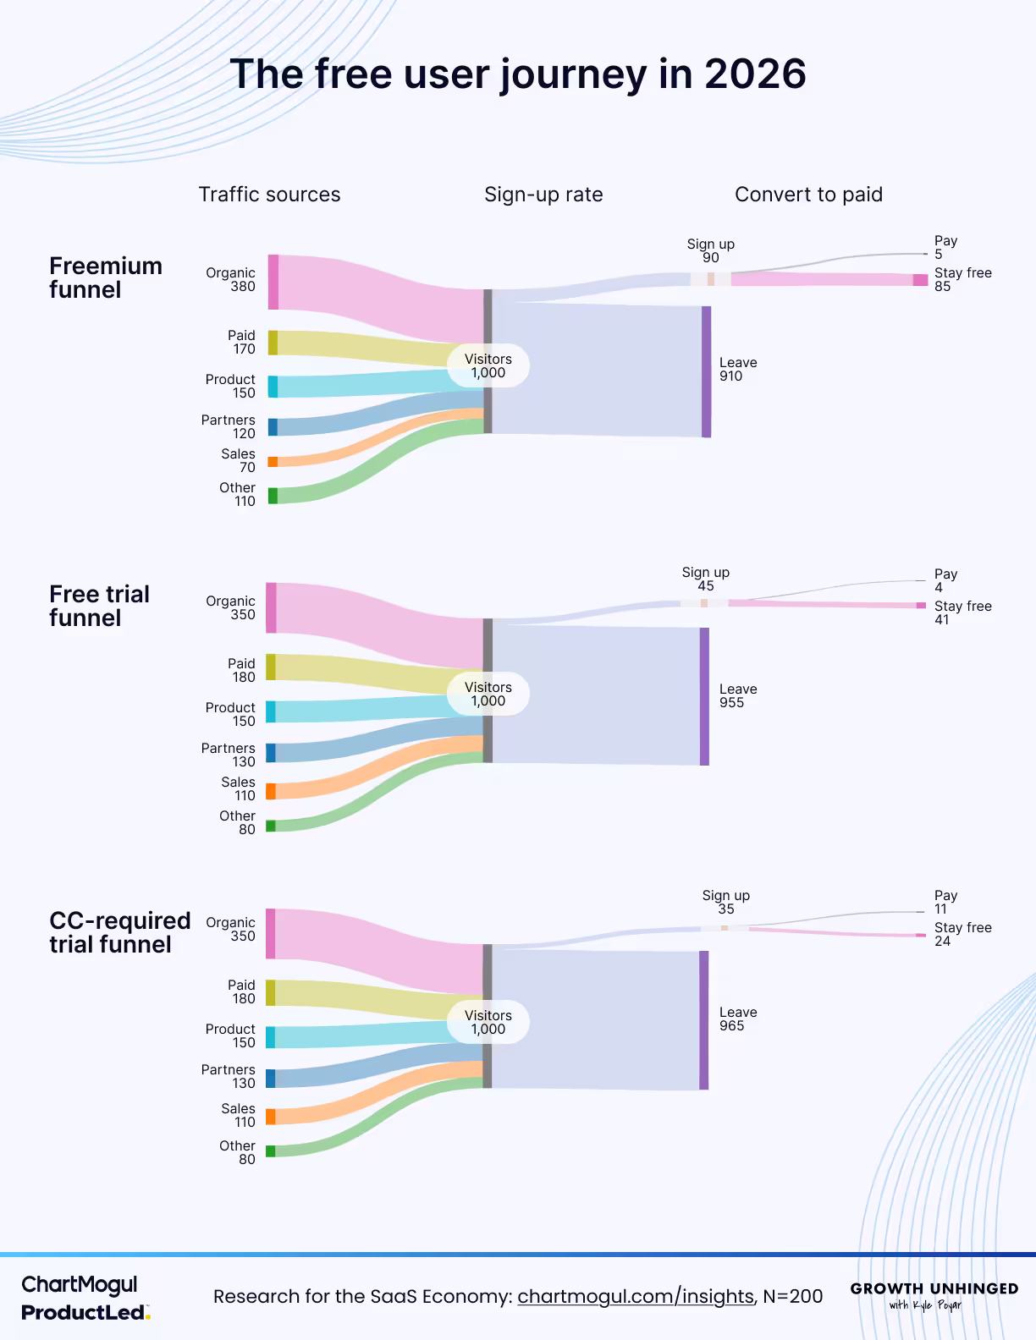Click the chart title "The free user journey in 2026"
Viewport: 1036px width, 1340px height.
coord(517,74)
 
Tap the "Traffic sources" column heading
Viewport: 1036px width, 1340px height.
coord(269,195)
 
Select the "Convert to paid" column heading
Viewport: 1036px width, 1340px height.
coord(808,195)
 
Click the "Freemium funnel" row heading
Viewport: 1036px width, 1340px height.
coord(105,277)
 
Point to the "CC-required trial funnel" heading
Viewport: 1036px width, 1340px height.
coord(119,932)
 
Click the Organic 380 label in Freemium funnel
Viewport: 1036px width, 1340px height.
coord(231,279)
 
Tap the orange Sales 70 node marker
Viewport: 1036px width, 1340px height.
coord(273,462)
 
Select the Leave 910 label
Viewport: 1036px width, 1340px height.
coord(738,369)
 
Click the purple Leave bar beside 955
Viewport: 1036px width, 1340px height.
coord(704,696)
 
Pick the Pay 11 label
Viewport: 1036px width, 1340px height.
coord(945,902)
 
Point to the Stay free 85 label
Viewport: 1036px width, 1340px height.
coord(962,279)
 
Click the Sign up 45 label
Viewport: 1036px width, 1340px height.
coord(706,579)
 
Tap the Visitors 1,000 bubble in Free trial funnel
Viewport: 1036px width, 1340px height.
coord(488,694)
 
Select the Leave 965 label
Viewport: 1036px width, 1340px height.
coord(738,1019)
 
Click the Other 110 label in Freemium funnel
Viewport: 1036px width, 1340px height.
coord(238,494)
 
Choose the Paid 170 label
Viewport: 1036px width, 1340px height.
coord(241,342)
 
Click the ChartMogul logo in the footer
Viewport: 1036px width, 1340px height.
coord(79,1285)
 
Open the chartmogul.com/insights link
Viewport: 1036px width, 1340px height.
coord(635,1296)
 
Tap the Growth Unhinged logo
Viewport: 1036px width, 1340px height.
coord(934,1295)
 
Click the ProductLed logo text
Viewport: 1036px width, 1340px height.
coord(85,1313)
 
